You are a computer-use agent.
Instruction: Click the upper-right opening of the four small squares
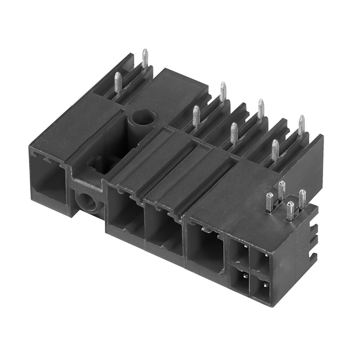[x=261, y=261]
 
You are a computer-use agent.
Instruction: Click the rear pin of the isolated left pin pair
[x=145, y=59]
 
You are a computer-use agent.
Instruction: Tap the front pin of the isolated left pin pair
[x=118, y=82]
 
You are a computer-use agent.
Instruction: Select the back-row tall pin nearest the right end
[x=301, y=126]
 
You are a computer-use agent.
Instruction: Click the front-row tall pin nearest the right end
[x=274, y=150]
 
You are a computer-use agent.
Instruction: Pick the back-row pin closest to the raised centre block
[x=223, y=92]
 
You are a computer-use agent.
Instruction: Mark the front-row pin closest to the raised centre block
[x=196, y=116]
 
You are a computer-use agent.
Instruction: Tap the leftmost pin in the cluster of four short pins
[x=269, y=202]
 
